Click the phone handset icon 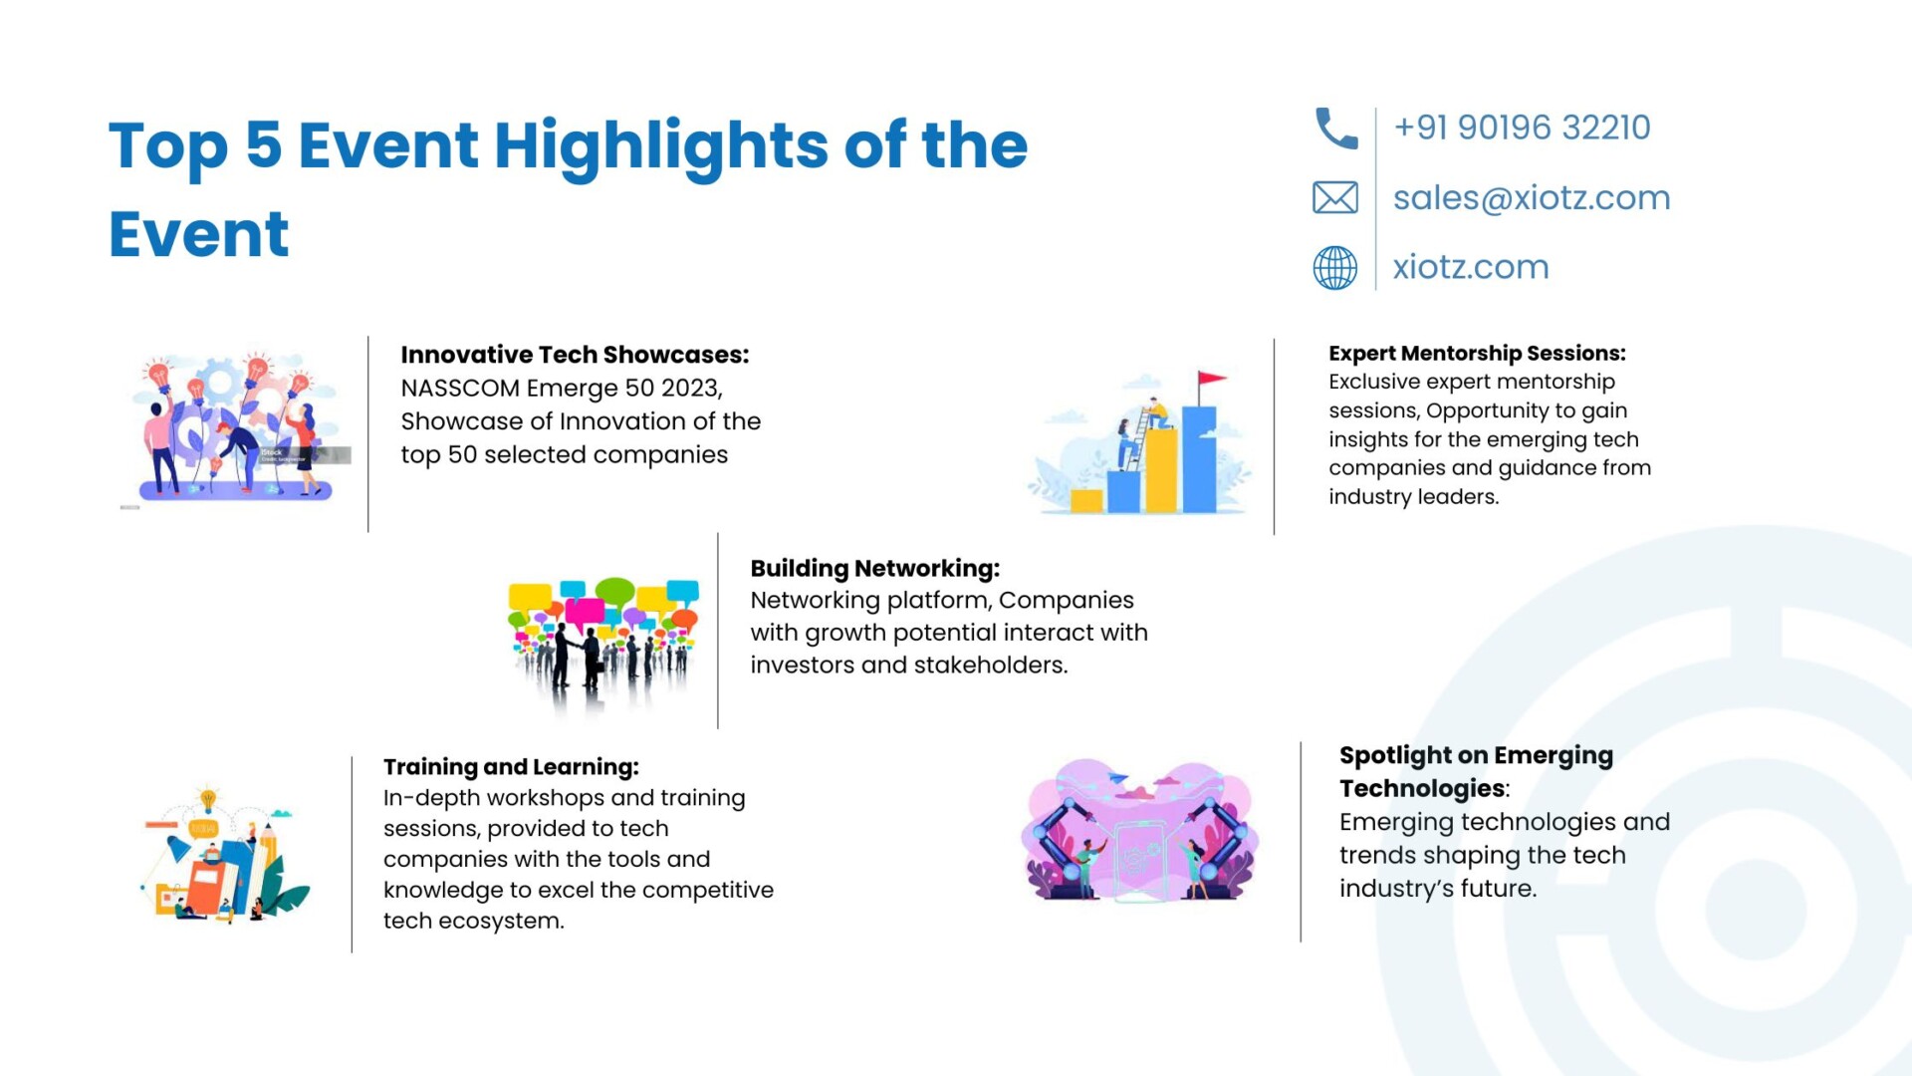coord(1335,129)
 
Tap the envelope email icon coord(1335,198)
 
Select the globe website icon coord(1335,267)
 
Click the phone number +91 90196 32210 coord(1522,128)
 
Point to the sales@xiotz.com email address coord(1532,198)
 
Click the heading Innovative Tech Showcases coord(575,355)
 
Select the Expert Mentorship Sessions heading coord(1477,353)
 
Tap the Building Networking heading coord(874,568)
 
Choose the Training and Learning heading coord(511,767)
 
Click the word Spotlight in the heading coord(1395,756)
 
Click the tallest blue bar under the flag coord(1199,459)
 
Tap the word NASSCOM coord(460,388)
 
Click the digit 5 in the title coord(263,144)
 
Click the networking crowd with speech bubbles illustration coord(602,644)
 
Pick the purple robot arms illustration coord(1139,831)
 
